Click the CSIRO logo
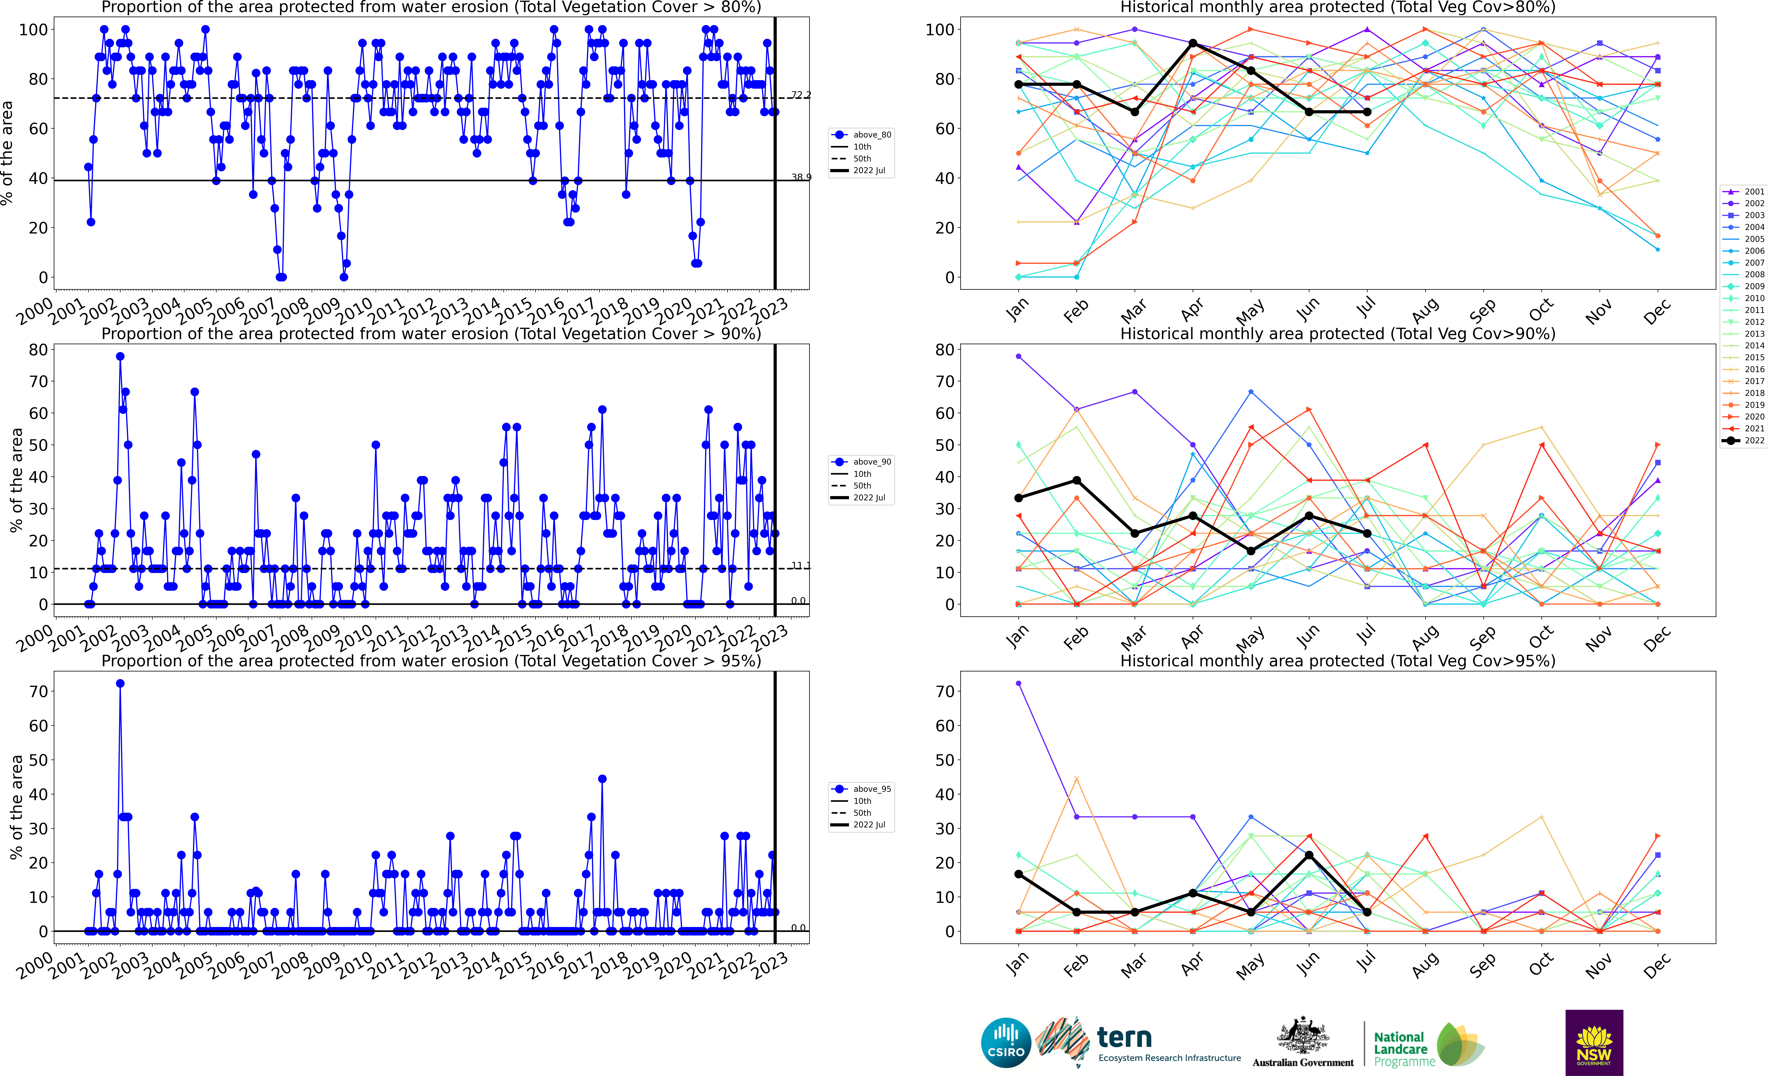click(1005, 1042)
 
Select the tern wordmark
click(1124, 1037)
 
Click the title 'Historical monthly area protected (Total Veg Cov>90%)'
click(1338, 334)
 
